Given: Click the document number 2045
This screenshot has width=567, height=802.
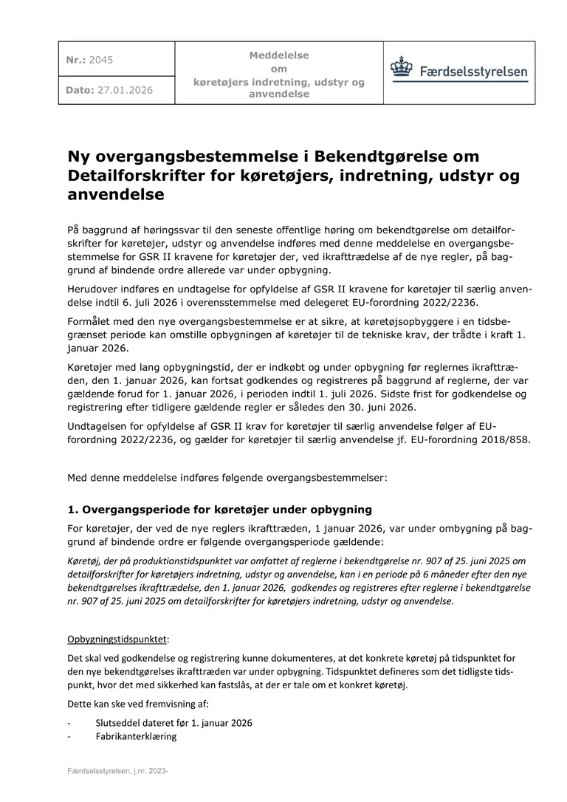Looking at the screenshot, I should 101,60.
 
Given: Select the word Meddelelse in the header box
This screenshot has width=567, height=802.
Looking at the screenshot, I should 279,55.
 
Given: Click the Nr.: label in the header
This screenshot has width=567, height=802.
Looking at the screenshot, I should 75,60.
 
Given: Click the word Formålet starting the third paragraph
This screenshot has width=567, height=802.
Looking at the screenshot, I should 92,322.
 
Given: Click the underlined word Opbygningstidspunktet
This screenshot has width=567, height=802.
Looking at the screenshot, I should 118,638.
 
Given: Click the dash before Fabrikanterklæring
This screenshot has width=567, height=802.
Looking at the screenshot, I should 69,736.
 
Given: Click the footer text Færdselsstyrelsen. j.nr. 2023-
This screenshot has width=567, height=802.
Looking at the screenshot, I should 119,771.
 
